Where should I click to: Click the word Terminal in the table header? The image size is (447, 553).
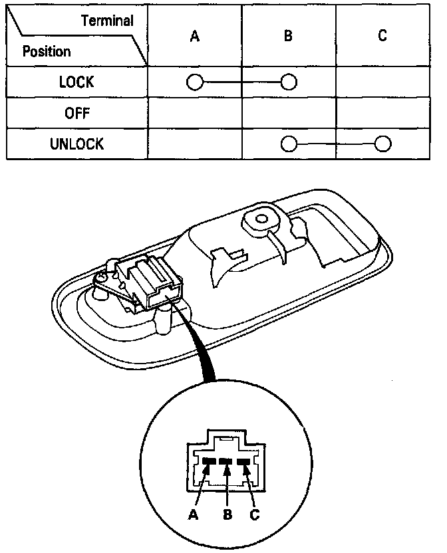click(x=107, y=21)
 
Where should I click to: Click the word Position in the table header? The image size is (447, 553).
click(x=47, y=51)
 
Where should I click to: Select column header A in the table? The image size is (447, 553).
click(x=194, y=37)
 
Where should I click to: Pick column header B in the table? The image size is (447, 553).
click(x=288, y=37)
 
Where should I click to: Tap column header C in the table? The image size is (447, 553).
click(x=382, y=37)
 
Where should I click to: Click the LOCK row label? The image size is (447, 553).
click(x=76, y=82)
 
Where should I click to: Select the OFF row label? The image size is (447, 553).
click(x=76, y=113)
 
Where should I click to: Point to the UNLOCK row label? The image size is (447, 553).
click(x=76, y=144)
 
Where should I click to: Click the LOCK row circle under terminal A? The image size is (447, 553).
click(x=194, y=82)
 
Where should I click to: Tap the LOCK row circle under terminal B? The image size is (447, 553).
click(x=288, y=82)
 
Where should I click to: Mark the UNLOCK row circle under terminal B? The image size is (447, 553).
click(x=288, y=144)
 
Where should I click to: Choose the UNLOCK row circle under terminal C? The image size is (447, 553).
click(x=382, y=144)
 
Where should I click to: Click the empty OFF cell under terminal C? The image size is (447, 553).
click(x=382, y=113)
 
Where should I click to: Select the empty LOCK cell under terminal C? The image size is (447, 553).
click(x=382, y=82)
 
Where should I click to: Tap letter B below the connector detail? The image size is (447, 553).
click(x=227, y=514)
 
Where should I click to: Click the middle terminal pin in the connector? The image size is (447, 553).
click(x=227, y=462)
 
